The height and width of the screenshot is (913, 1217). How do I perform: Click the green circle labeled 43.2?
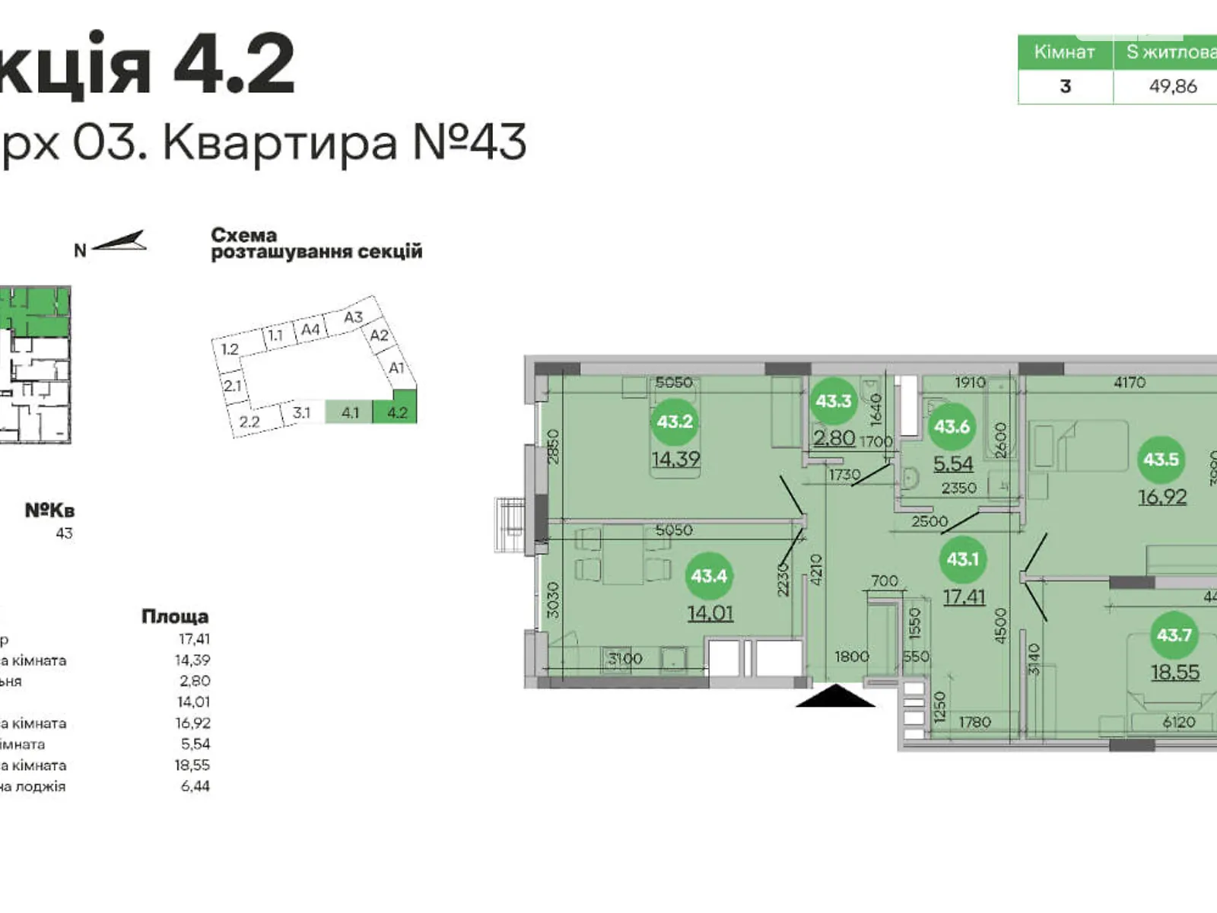[675, 422]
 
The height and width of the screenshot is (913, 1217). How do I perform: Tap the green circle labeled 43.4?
[708, 576]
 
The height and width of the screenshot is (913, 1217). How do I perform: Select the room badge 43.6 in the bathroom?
[952, 427]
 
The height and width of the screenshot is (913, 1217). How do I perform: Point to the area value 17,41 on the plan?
[964, 596]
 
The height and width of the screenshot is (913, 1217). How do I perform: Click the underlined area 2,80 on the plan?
[834, 438]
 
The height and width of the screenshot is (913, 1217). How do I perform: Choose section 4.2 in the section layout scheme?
[397, 412]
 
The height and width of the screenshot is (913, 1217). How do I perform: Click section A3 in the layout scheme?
[354, 317]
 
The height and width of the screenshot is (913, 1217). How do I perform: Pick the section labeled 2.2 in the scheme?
[249, 422]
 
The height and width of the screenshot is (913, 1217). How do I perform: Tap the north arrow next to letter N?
[120, 241]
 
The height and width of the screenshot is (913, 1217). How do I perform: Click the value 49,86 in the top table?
[1172, 86]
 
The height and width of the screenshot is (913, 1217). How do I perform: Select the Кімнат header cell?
[1064, 52]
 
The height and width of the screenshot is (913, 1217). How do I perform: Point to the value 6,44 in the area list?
[195, 786]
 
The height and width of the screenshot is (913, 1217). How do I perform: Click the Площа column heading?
[175, 616]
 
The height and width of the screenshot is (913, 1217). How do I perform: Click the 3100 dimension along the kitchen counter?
[625, 659]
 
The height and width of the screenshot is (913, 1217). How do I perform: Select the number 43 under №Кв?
[64, 533]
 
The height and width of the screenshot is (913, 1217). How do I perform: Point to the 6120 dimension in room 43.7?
[1178, 722]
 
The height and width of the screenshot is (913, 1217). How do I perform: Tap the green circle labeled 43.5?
[1161, 460]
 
